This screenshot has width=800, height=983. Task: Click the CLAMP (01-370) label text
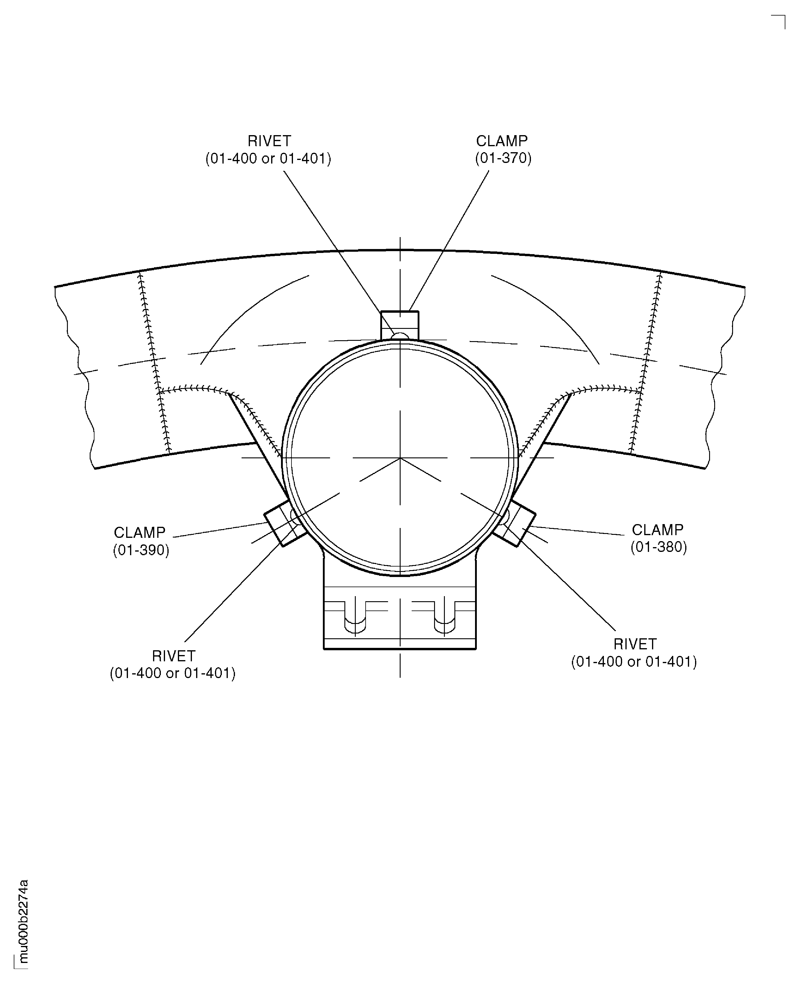[503, 149]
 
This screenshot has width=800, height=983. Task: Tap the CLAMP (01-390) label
[141, 541]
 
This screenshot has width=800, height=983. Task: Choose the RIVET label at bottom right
[634, 653]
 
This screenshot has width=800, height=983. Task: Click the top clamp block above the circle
[399, 325]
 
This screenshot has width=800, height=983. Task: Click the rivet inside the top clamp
[399, 336]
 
